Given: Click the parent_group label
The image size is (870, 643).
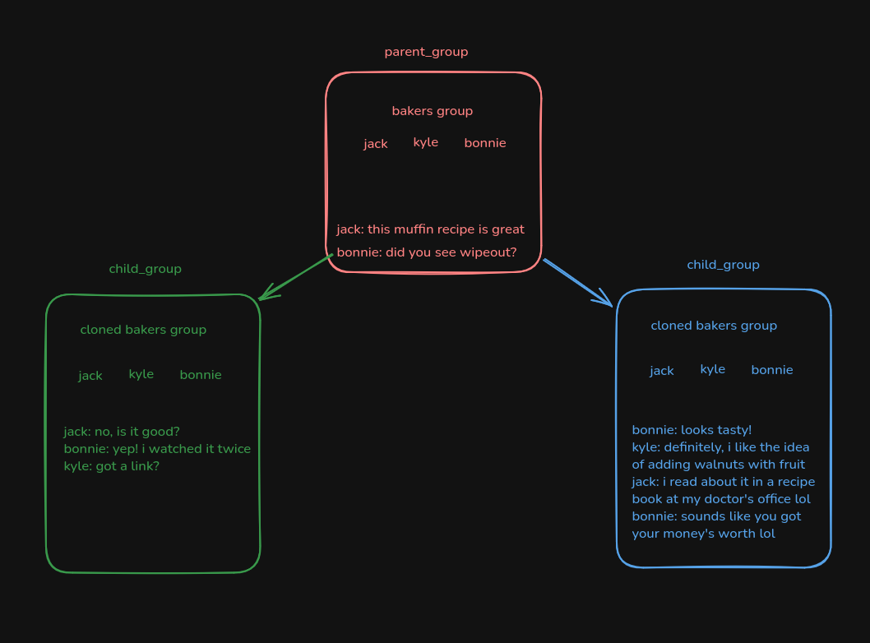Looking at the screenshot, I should (426, 52).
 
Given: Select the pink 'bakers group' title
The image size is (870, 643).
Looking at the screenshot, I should (432, 111).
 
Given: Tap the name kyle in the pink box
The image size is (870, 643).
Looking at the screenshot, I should (425, 142).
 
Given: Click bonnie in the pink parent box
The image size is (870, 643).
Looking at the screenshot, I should (484, 143).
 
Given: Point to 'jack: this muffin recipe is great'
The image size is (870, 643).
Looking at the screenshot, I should (430, 229).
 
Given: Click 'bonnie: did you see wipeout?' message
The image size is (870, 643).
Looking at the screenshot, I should (426, 252).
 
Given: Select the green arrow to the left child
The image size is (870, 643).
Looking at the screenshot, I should (296, 277).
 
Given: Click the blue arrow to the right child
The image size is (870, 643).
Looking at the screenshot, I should (577, 282).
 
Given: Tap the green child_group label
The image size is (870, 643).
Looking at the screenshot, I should (145, 269).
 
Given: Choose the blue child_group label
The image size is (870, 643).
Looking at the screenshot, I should (723, 265).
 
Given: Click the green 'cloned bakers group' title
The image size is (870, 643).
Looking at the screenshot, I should (143, 330).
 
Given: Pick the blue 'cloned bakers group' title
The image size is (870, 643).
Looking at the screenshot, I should (714, 326).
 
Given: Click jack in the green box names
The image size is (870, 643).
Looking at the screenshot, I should (90, 376).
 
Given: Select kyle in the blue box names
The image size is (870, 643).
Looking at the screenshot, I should (712, 369).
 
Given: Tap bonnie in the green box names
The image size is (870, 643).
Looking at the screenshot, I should (201, 375).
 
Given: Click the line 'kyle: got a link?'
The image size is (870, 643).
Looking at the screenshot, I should (111, 466).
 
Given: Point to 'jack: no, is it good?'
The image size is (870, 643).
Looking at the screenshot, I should (122, 432).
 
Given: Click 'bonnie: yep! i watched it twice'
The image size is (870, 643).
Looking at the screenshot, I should (157, 449).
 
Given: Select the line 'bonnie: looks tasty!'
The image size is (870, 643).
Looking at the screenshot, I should (692, 430).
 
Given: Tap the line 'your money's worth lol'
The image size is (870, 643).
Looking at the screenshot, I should (703, 534).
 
